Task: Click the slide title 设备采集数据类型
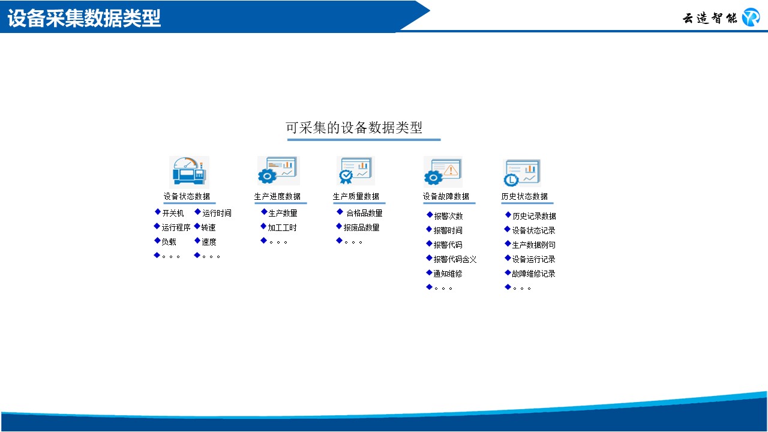click(x=84, y=18)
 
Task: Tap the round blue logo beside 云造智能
click(x=751, y=17)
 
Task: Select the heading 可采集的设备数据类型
click(x=354, y=128)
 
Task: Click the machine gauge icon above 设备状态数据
click(x=189, y=172)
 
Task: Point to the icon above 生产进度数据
click(x=278, y=170)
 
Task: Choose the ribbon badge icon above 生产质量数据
click(x=356, y=170)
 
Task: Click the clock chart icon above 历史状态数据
click(x=522, y=173)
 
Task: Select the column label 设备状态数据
click(x=187, y=196)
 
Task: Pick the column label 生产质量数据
click(x=356, y=196)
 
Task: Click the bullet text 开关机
click(x=173, y=213)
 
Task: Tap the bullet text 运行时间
click(x=217, y=213)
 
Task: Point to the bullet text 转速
click(x=208, y=227)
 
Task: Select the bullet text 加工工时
click(x=282, y=227)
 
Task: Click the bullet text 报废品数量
click(x=361, y=227)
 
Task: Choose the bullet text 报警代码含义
click(x=455, y=259)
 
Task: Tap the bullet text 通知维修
click(x=448, y=274)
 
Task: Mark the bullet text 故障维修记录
click(x=533, y=274)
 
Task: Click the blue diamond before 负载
click(x=157, y=241)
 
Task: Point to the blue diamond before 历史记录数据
click(x=508, y=215)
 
